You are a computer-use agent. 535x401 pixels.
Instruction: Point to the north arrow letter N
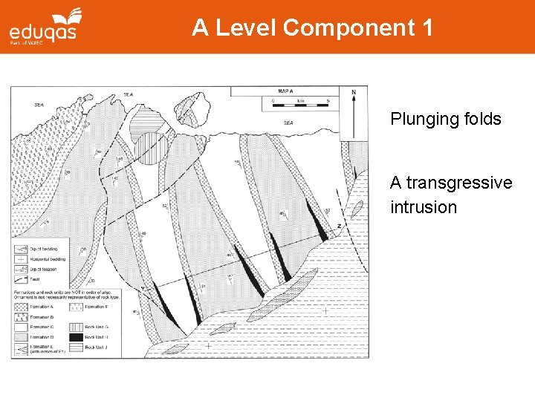coord(354,93)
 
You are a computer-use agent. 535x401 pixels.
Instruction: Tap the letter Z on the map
coord(338,226)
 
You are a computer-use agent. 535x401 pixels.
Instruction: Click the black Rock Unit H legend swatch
coord(77,337)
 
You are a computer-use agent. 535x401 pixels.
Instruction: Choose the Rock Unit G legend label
coord(97,327)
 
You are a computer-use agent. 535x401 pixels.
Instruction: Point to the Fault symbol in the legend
coord(21,278)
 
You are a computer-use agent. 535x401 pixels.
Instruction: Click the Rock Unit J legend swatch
coord(77,347)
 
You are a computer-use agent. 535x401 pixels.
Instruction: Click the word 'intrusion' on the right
coord(424,207)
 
